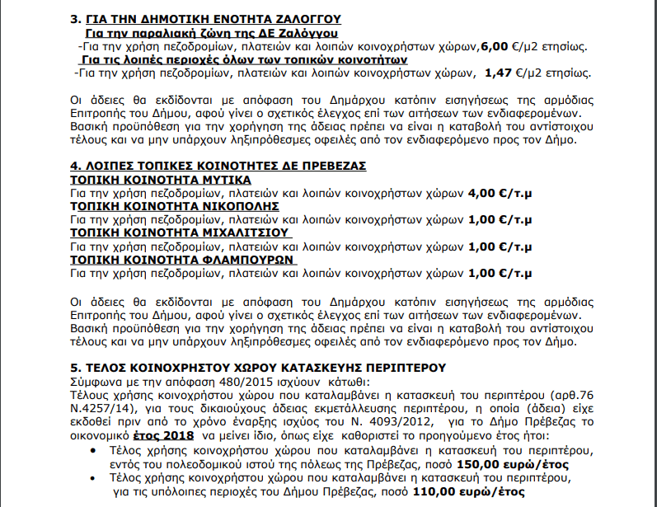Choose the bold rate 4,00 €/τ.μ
pos(499,193)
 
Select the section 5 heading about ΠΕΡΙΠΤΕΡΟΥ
pos(258,367)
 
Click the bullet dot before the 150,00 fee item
pos(91,450)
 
